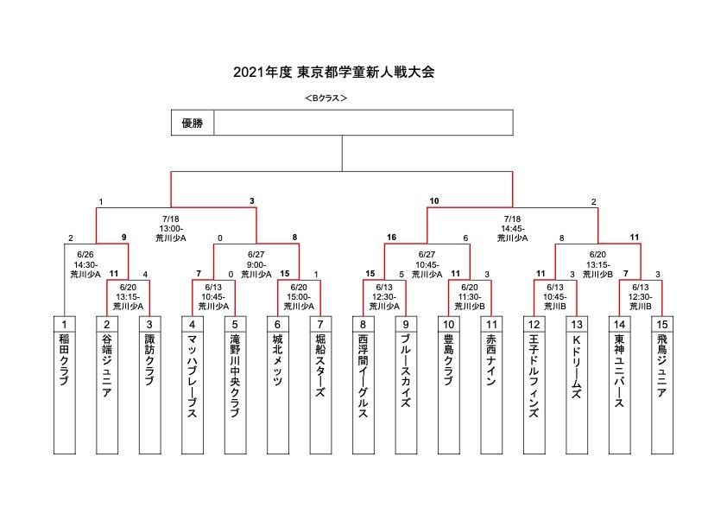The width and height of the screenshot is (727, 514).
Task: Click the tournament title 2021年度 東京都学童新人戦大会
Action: point(333,73)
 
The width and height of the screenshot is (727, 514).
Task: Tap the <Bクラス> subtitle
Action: point(326,98)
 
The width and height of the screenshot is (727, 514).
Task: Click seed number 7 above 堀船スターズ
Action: point(319,325)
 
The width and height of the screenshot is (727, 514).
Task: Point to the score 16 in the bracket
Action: point(391,237)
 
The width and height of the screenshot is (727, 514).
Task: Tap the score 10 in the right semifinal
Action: point(433,201)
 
